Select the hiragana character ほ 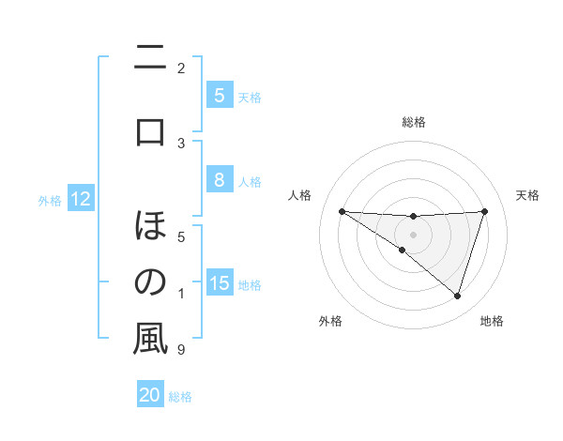[x=150, y=226]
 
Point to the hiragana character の [x=150, y=282]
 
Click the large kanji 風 [x=150, y=339]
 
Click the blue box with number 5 [x=219, y=95]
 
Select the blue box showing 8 [x=219, y=181]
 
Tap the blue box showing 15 [x=220, y=283]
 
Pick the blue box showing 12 [x=81, y=199]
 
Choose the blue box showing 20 [x=150, y=395]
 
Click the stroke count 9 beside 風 [x=181, y=350]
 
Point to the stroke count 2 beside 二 [x=181, y=68]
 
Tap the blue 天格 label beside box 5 [x=250, y=97]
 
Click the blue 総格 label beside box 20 [x=181, y=397]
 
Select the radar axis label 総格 [x=413, y=122]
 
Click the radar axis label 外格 [x=330, y=321]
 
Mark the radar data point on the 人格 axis [x=342, y=211]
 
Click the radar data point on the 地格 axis [x=457, y=296]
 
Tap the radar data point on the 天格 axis [x=484, y=211]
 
